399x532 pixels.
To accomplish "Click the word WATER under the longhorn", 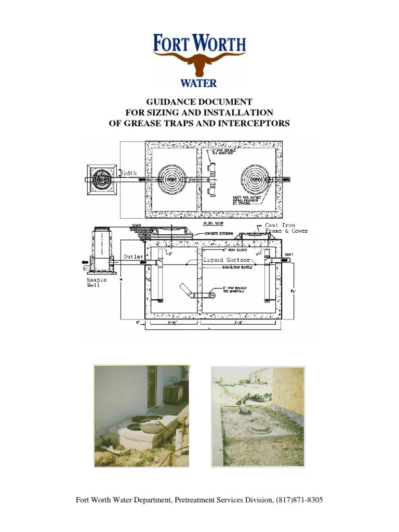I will pyautogui.click(x=198, y=83).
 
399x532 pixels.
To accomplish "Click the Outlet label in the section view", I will pyautogui.click(x=133, y=257).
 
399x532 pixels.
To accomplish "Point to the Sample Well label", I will pyautogui.click(x=97, y=282).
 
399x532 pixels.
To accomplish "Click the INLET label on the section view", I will pyautogui.click(x=289, y=254).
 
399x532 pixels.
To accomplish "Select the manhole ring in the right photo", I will pyautogui.click(x=258, y=430).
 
